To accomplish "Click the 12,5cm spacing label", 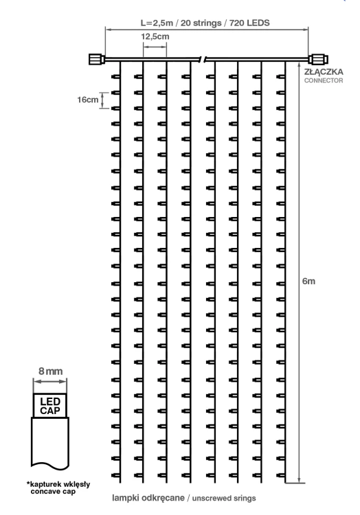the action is point(155,36).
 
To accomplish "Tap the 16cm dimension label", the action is point(88,100).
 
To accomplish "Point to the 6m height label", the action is point(308,281).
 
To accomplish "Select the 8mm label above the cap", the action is point(50,371).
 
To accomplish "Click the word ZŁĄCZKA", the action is point(324,71).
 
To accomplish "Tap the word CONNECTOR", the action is point(324,80).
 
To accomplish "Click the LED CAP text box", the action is point(50,406).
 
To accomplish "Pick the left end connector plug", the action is point(97,60).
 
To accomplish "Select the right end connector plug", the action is point(318,60).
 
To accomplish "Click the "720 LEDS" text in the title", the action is point(249,23).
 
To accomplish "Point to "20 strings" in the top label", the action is point(201,23).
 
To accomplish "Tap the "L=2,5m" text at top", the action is point(157,23).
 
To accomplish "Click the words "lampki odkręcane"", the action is point(148,498).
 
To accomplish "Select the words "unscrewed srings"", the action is point(224,499).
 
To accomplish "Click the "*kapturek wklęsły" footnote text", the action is point(58,484).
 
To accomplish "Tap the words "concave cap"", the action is point(53,492).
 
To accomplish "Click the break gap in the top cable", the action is point(203,60).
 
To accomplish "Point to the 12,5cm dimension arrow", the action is point(155,47).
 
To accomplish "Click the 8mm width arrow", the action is point(50,381).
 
